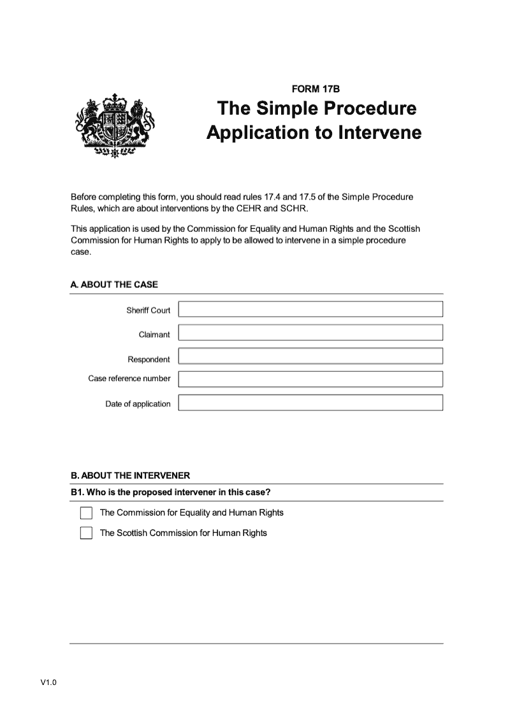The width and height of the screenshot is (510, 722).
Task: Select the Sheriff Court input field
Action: click(310, 310)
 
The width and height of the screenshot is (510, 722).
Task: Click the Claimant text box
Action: click(310, 333)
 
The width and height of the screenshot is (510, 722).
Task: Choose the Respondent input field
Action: click(310, 356)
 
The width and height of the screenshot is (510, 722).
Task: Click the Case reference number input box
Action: click(310, 379)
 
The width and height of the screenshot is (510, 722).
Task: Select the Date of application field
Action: click(310, 403)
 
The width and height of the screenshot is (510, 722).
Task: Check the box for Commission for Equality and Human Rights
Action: click(86, 513)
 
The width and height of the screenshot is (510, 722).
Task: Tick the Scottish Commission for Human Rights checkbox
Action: click(86, 533)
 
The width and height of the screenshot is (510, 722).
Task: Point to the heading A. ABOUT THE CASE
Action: click(114, 285)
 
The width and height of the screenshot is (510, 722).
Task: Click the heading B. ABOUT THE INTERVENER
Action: click(130, 475)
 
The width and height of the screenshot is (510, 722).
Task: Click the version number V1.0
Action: click(48, 683)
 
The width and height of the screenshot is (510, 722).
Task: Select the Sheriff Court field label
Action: click(148, 310)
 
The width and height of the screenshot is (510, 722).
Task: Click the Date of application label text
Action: click(138, 404)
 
